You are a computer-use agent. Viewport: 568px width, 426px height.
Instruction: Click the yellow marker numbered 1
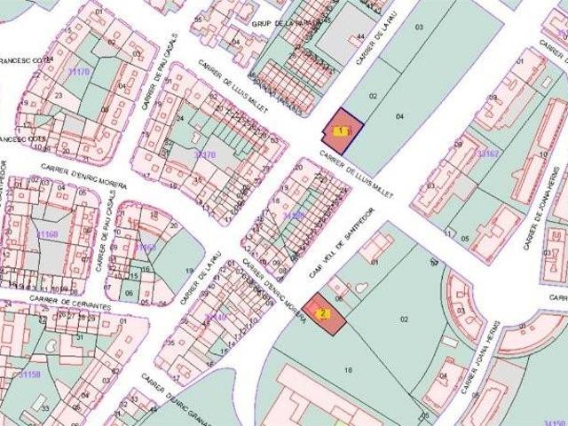click(x=341, y=130)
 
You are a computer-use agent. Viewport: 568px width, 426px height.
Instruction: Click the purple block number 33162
click(x=489, y=154)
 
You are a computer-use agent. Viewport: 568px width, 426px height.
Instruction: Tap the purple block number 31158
click(x=29, y=374)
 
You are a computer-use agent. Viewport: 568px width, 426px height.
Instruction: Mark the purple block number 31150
click(x=555, y=422)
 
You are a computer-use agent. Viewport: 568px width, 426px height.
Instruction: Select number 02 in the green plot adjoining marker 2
click(x=404, y=318)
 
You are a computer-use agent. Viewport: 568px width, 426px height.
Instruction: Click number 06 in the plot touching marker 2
click(x=339, y=297)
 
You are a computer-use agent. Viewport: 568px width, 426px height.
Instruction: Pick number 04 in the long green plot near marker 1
click(x=400, y=116)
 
